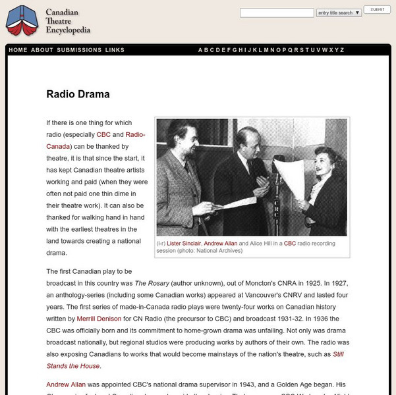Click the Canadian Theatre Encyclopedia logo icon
tap(22, 20)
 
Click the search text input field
tap(277, 13)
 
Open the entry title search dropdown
tap(339, 13)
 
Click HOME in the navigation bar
tap(18, 50)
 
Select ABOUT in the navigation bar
tap(42, 50)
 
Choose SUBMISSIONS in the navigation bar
tap(79, 50)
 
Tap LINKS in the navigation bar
tap(115, 50)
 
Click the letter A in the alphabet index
tap(201, 50)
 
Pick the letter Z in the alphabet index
tap(342, 50)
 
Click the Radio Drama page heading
tap(78, 94)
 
